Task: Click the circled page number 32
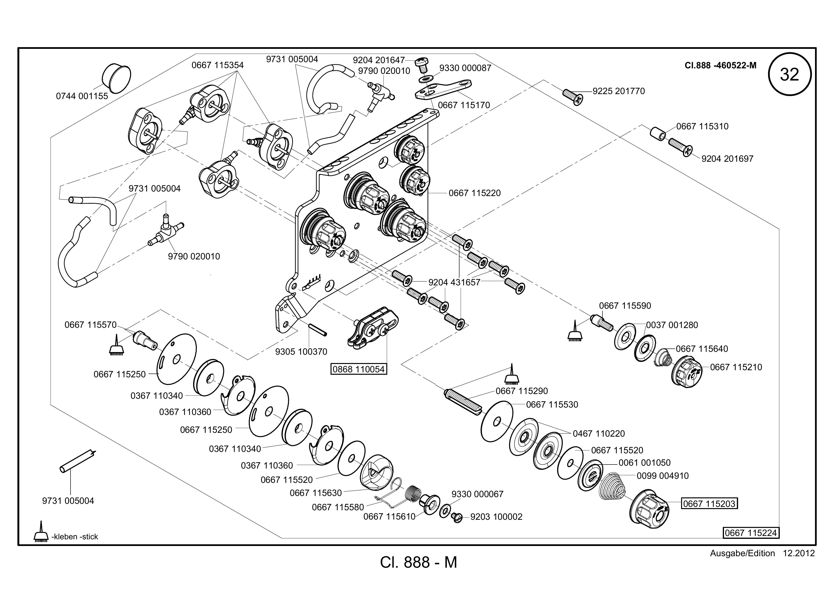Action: click(790, 75)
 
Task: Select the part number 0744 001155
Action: click(82, 96)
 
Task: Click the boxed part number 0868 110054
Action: click(359, 369)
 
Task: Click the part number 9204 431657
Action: click(454, 283)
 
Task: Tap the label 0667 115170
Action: click(464, 105)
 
